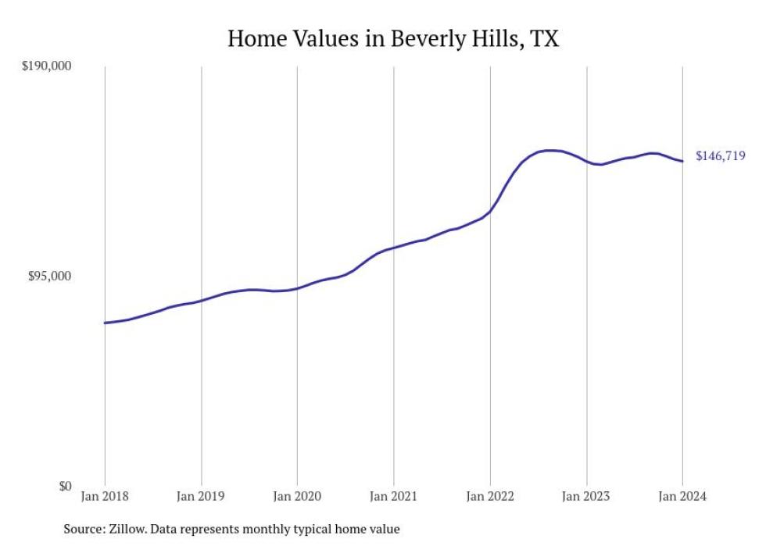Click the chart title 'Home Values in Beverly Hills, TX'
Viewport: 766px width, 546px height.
coord(393,38)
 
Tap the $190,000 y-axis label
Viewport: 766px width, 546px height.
coord(45,66)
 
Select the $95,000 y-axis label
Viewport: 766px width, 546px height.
coord(48,277)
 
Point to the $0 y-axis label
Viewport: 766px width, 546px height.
coord(64,486)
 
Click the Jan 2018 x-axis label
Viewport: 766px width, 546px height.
coord(105,497)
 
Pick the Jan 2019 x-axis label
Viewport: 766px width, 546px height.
coord(201,497)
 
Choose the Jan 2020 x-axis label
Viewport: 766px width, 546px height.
coord(297,497)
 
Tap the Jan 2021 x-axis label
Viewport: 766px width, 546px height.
coord(393,497)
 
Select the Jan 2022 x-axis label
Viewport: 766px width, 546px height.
coord(490,497)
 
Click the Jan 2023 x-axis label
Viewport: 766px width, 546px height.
coord(586,497)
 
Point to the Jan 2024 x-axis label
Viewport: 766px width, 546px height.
coord(682,497)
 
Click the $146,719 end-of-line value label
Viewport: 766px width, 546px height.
coord(720,156)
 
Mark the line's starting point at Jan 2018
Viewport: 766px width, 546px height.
coord(105,323)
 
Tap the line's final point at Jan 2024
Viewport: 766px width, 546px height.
coord(682,162)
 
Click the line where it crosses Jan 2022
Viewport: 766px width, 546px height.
coord(490,211)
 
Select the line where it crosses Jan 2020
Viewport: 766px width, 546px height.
coord(297,288)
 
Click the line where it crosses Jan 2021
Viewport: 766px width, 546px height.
coord(393,248)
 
